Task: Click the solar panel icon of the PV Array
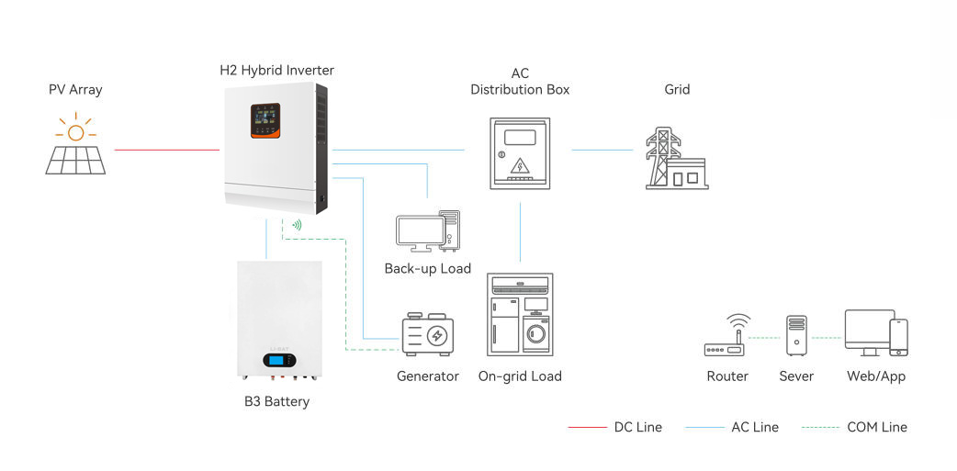(76, 158)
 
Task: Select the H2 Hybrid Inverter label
(276, 70)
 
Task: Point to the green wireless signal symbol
(297, 224)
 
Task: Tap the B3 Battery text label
(276, 401)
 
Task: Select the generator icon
(428, 335)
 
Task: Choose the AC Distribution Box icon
(520, 153)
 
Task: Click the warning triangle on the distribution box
(520, 166)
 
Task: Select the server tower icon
(795, 336)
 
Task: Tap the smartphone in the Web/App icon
(898, 337)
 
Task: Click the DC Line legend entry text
(637, 427)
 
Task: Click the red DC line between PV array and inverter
(166, 150)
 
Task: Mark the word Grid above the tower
(677, 90)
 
